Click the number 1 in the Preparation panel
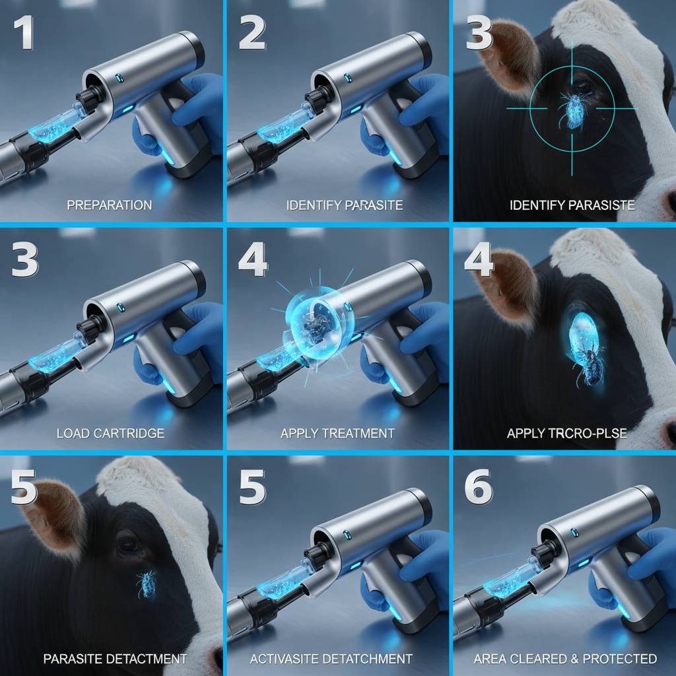(24, 33)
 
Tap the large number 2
(252, 33)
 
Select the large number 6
(478, 487)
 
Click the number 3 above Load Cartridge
(25, 259)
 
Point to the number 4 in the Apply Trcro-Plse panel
(479, 259)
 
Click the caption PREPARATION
(110, 205)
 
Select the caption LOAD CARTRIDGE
(111, 433)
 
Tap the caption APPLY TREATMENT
(337, 433)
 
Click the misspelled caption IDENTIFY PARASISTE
(572, 205)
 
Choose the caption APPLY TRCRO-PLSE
(567, 433)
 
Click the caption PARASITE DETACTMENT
(115, 659)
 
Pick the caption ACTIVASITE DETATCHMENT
(331, 659)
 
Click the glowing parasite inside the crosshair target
(573, 111)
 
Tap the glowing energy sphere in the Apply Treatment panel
(319, 324)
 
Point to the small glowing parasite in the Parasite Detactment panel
(147, 585)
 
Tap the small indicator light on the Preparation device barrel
(119, 78)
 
